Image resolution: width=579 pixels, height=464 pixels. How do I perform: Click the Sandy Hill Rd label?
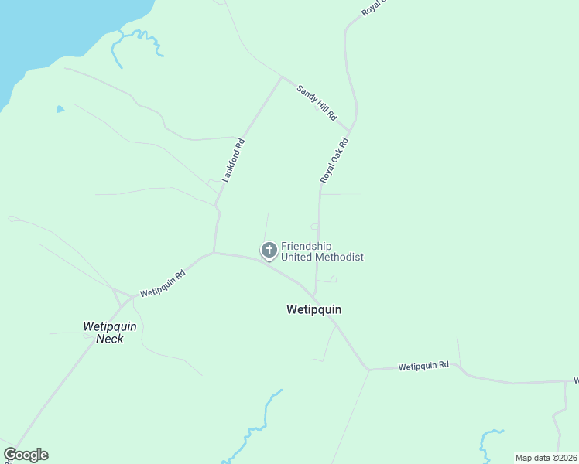[x=317, y=102]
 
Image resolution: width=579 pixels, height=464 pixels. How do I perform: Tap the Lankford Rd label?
[x=233, y=160]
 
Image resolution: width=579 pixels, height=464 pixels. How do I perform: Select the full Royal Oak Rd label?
[x=335, y=161]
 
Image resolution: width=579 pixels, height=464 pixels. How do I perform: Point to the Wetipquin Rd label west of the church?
[x=163, y=284]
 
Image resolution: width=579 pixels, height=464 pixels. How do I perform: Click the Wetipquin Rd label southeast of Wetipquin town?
[x=423, y=366]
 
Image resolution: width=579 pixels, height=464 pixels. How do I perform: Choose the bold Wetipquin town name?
[x=313, y=309]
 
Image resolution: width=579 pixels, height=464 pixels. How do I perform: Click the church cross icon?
[x=269, y=250]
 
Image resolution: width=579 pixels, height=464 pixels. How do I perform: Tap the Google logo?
[x=26, y=455]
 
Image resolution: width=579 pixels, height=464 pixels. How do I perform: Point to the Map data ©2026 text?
[x=546, y=458]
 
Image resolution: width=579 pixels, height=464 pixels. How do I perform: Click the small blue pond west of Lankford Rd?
[x=60, y=110]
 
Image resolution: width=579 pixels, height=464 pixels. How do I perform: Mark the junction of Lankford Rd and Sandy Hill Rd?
[x=281, y=77]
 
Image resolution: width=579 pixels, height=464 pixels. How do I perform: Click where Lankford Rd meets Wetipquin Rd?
[x=214, y=252]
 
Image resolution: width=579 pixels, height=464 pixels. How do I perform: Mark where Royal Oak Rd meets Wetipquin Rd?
[x=315, y=295]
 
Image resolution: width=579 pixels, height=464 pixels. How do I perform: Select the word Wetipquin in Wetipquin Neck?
[x=109, y=326]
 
